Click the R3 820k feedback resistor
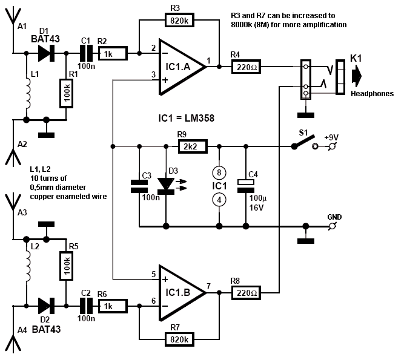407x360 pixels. [179, 20]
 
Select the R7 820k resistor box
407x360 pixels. [179, 339]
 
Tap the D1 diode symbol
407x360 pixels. [46, 53]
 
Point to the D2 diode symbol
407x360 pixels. [46, 306]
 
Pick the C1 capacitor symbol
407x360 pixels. [86, 53]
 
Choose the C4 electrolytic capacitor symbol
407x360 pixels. [245, 186]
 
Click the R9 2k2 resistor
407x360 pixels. [193, 146]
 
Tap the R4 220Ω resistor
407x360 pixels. [246, 67]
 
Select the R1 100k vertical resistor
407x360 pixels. [66, 93]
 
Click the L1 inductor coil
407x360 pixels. [27, 93]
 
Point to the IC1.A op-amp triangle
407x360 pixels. [182, 67]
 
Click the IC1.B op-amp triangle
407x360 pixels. [182, 293]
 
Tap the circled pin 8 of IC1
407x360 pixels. [219, 172]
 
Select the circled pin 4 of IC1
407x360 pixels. [219, 200]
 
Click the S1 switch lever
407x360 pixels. [303, 142]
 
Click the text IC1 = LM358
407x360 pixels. [187, 118]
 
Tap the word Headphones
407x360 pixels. [372, 94]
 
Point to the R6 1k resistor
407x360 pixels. [113, 306]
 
